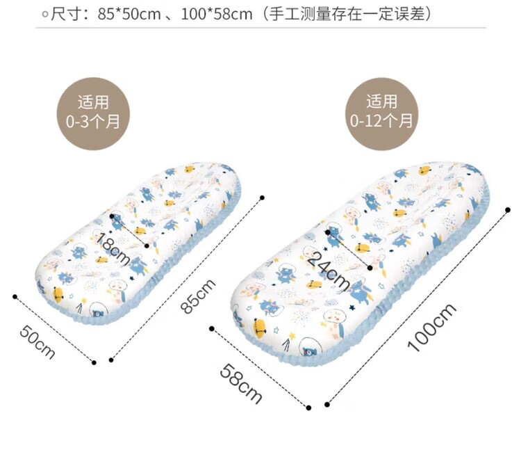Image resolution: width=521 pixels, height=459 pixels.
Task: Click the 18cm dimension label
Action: click(x=113, y=249)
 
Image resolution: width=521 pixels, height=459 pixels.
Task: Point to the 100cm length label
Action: click(x=431, y=326)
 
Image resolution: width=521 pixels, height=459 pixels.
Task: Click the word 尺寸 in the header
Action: click(x=66, y=14)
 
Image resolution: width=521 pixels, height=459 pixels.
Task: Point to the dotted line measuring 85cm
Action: click(x=186, y=278)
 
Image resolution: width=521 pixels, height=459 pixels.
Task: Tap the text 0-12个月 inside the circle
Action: click(x=381, y=120)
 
